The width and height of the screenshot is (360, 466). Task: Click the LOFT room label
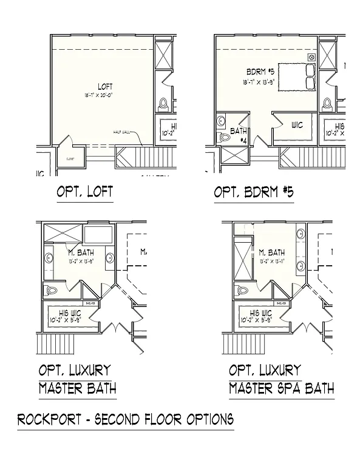(x=104, y=87)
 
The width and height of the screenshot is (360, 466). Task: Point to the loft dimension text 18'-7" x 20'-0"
(x=104, y=95)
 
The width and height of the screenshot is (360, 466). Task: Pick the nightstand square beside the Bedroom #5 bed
(x=311, y=58)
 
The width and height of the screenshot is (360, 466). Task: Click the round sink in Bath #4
(x=220, y=120)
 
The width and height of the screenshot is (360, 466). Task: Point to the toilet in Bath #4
(x=225, y=138)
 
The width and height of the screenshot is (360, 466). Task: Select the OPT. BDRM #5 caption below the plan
(x=254, y=192)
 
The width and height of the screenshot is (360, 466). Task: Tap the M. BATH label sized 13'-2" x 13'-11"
(x=271, y=252)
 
